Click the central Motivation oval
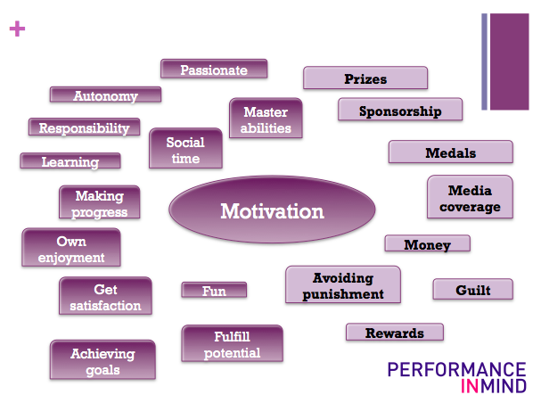pyautogui.click(x=258, y=212)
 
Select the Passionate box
pyautogui.click(x=214, y=69)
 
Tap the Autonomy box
pyautogui.click(x=105, y=95)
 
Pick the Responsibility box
pyautogui.click(x=84, y=127)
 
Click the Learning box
pyautogui.click(x=70, y=161)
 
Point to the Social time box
pyautogui.click(x=184, y=149)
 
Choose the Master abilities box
pyautogui.click(x=266, y=119)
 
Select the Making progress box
pyautogui.click(x=100, y=203)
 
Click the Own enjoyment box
pyautogui.click(x=70, y=249)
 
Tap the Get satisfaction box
pyautogui.click(x=105, y=297)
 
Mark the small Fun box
pyautogui.click(x=214, y=290)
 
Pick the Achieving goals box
pyautogui.click(x=102, y=361)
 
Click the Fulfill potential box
pyautogui.click(x=232, y=344)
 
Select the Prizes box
pyautogui.click(x=365, y=78)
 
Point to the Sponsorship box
pyautogui.click(x=400, y=111)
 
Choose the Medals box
pyautogui.click(x=450, y=152)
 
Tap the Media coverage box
pyautogui.click(x=470, y=198)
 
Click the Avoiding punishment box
pyautogui.click(x=342, y=285)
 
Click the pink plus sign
pyautogui.click(x=17, y=29)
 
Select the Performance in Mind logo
pyautogui.click(x=456, y=376)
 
